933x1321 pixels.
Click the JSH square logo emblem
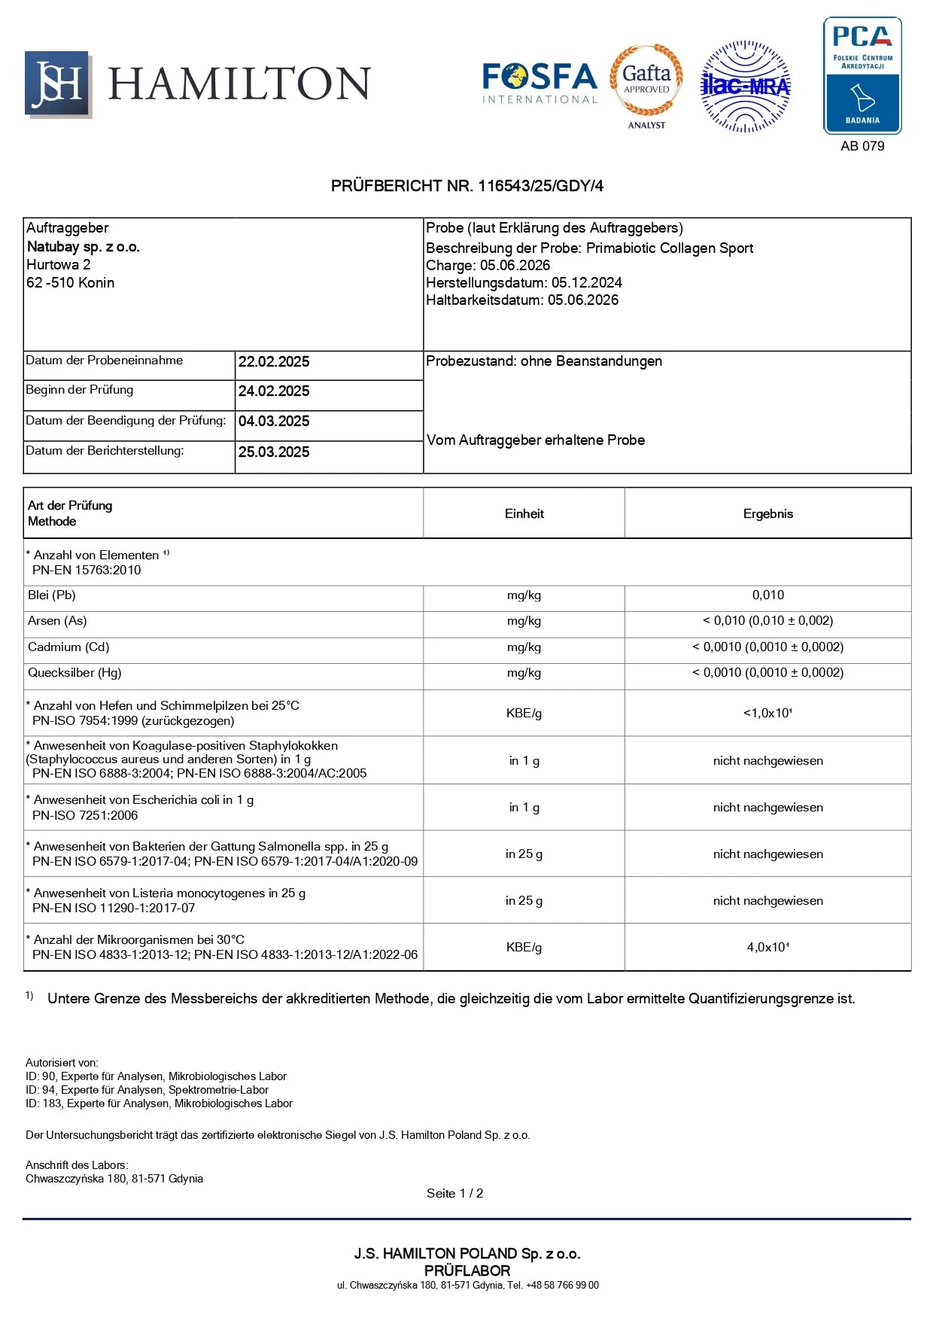coord(58,84)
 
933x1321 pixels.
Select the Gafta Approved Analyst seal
coord(646,84)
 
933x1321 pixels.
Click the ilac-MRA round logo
coord(745,87)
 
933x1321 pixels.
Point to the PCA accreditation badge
coord(862,75)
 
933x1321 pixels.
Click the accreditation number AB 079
coord(862,146)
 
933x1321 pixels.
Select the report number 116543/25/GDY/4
coord(540,186)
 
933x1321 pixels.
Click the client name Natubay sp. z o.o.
coord(84,247)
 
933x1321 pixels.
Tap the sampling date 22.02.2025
coord(274,362)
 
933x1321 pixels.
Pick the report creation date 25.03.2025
coord(274,452)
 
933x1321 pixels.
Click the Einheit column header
coord(524,514)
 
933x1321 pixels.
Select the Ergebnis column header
coord(767,514)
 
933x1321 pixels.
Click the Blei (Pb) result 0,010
coord(767,595)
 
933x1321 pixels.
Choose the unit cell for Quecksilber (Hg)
coord(524,673)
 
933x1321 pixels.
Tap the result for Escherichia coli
coord(767,808)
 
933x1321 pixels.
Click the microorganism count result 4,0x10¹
coord(767,948)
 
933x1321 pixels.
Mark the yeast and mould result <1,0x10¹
coord(767,713)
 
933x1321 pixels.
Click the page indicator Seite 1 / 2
coord(454,1194)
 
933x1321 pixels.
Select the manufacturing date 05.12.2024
coord(586,283)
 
